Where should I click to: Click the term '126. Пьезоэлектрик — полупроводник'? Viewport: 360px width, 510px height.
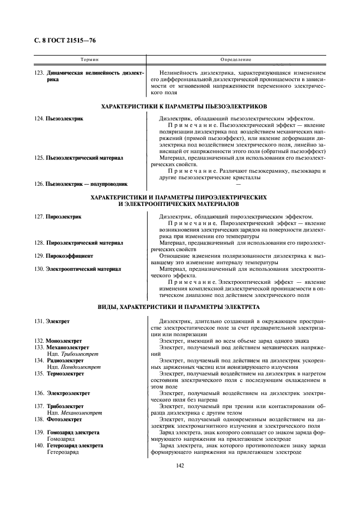point(81,184)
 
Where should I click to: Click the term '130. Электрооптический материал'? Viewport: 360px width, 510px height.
point(77,269)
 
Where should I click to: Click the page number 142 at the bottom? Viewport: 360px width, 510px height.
point(179,465)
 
